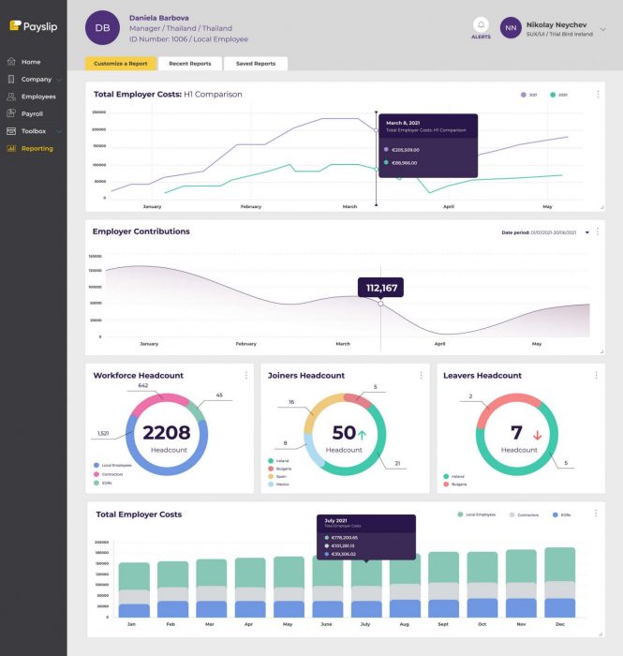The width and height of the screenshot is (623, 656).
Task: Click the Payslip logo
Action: pos(33,26)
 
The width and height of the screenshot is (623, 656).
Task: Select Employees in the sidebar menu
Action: pos(37,97)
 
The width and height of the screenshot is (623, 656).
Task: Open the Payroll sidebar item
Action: pos(32,113)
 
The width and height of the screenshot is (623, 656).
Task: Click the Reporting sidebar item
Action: pos(37,148)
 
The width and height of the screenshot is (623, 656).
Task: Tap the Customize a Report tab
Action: pos(121,64)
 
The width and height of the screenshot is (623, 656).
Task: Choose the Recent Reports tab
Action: pos(190,64)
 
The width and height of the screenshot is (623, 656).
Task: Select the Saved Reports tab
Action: pos(256,64)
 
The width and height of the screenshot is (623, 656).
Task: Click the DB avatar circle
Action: pos(102,28)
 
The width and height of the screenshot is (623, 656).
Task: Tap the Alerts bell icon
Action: pos(481,24)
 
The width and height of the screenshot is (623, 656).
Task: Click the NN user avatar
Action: pos(511,28)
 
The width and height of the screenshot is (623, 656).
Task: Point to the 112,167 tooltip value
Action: pos(380,288)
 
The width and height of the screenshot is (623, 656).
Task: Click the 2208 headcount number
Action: pos(166,432)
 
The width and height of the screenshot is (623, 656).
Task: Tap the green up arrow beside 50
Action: pos(362,434)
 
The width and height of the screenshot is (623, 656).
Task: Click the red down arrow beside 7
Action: pos(538,434)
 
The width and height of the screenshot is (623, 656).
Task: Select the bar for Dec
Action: pos(559,583)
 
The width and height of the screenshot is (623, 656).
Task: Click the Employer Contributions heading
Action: pos(141,231)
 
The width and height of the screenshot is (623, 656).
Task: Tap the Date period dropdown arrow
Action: pos(587,232)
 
